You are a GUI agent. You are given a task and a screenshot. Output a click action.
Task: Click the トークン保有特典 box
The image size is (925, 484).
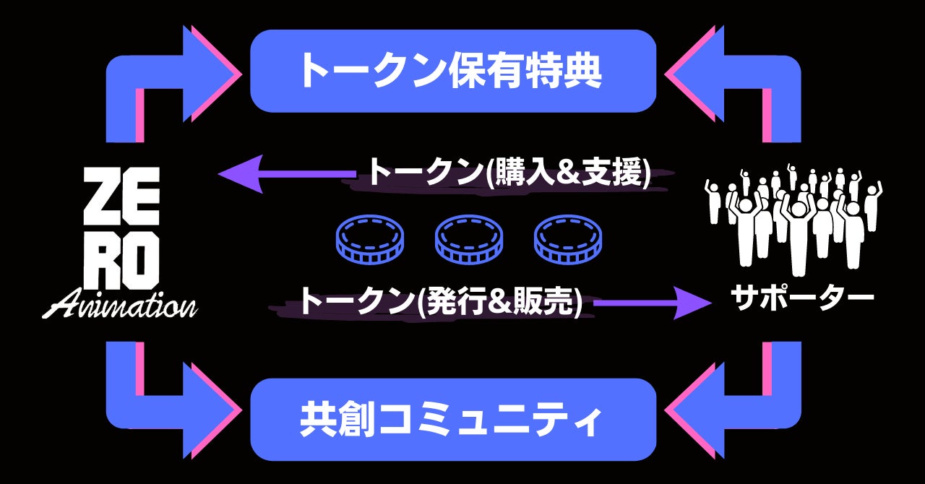453,71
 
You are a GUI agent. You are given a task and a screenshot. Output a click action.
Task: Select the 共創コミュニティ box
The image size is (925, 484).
453,420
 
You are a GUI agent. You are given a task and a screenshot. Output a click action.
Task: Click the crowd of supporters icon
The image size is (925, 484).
793,217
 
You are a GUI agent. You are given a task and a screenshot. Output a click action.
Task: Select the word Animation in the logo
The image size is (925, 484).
120,304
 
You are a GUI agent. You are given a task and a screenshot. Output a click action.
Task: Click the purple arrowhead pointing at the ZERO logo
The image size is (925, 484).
238,173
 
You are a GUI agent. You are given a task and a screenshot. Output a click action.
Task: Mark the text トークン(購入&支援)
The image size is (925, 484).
509,173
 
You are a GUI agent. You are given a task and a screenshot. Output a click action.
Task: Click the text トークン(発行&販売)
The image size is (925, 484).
441,301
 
